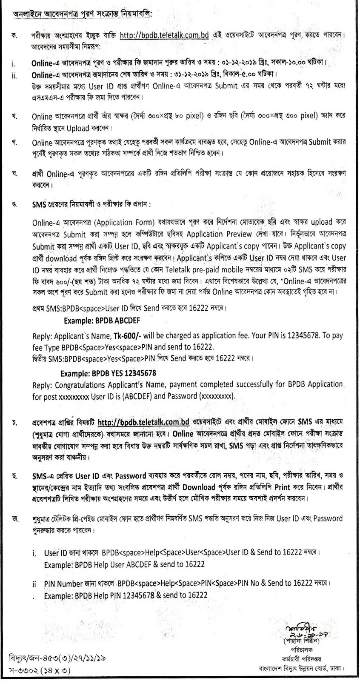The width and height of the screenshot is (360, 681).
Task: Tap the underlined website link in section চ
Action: coord(143,423)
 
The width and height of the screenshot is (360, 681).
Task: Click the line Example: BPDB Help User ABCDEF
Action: coord(125,564)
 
